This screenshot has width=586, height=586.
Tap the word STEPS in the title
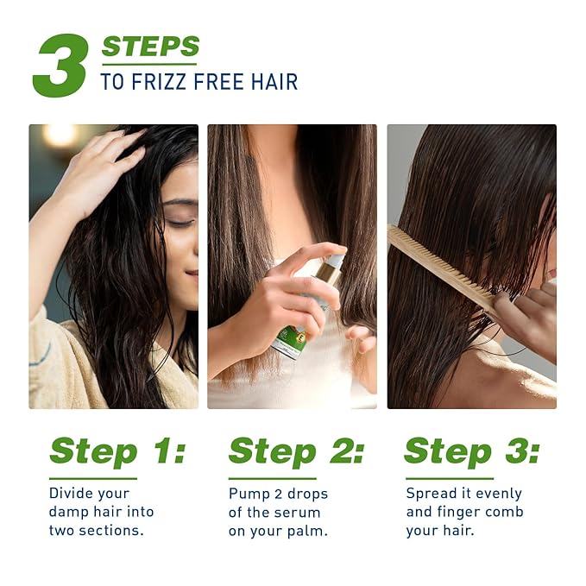(x=150, y=47)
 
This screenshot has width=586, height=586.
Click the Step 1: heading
(x=117, y=451)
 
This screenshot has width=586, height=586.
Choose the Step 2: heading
(x=296, y=451)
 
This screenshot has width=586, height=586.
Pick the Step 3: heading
(x=472, y=451)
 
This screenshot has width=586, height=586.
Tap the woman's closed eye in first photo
(x=180, y=222)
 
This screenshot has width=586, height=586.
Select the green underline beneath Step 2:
(x=272, y=478)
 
